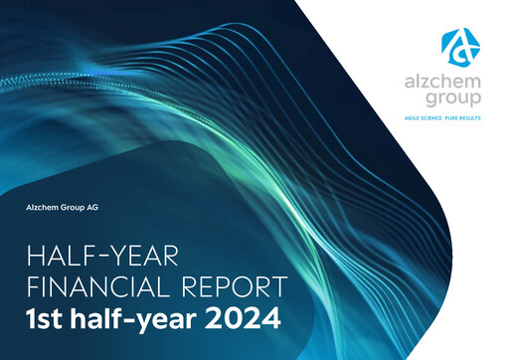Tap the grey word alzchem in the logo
(x=456, y=85)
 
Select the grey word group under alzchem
(x=457, y=100)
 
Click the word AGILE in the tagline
(x=420, y=118)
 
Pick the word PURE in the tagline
(x=466, y=118)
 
